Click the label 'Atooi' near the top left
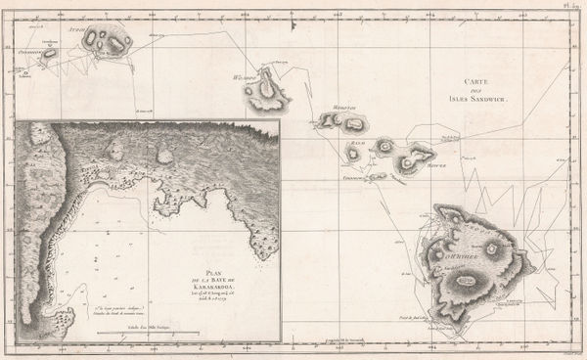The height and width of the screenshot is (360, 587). click(70, 31)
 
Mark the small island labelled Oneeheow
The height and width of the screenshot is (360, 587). click(48, 55)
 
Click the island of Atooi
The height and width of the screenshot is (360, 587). click(107, 41)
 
